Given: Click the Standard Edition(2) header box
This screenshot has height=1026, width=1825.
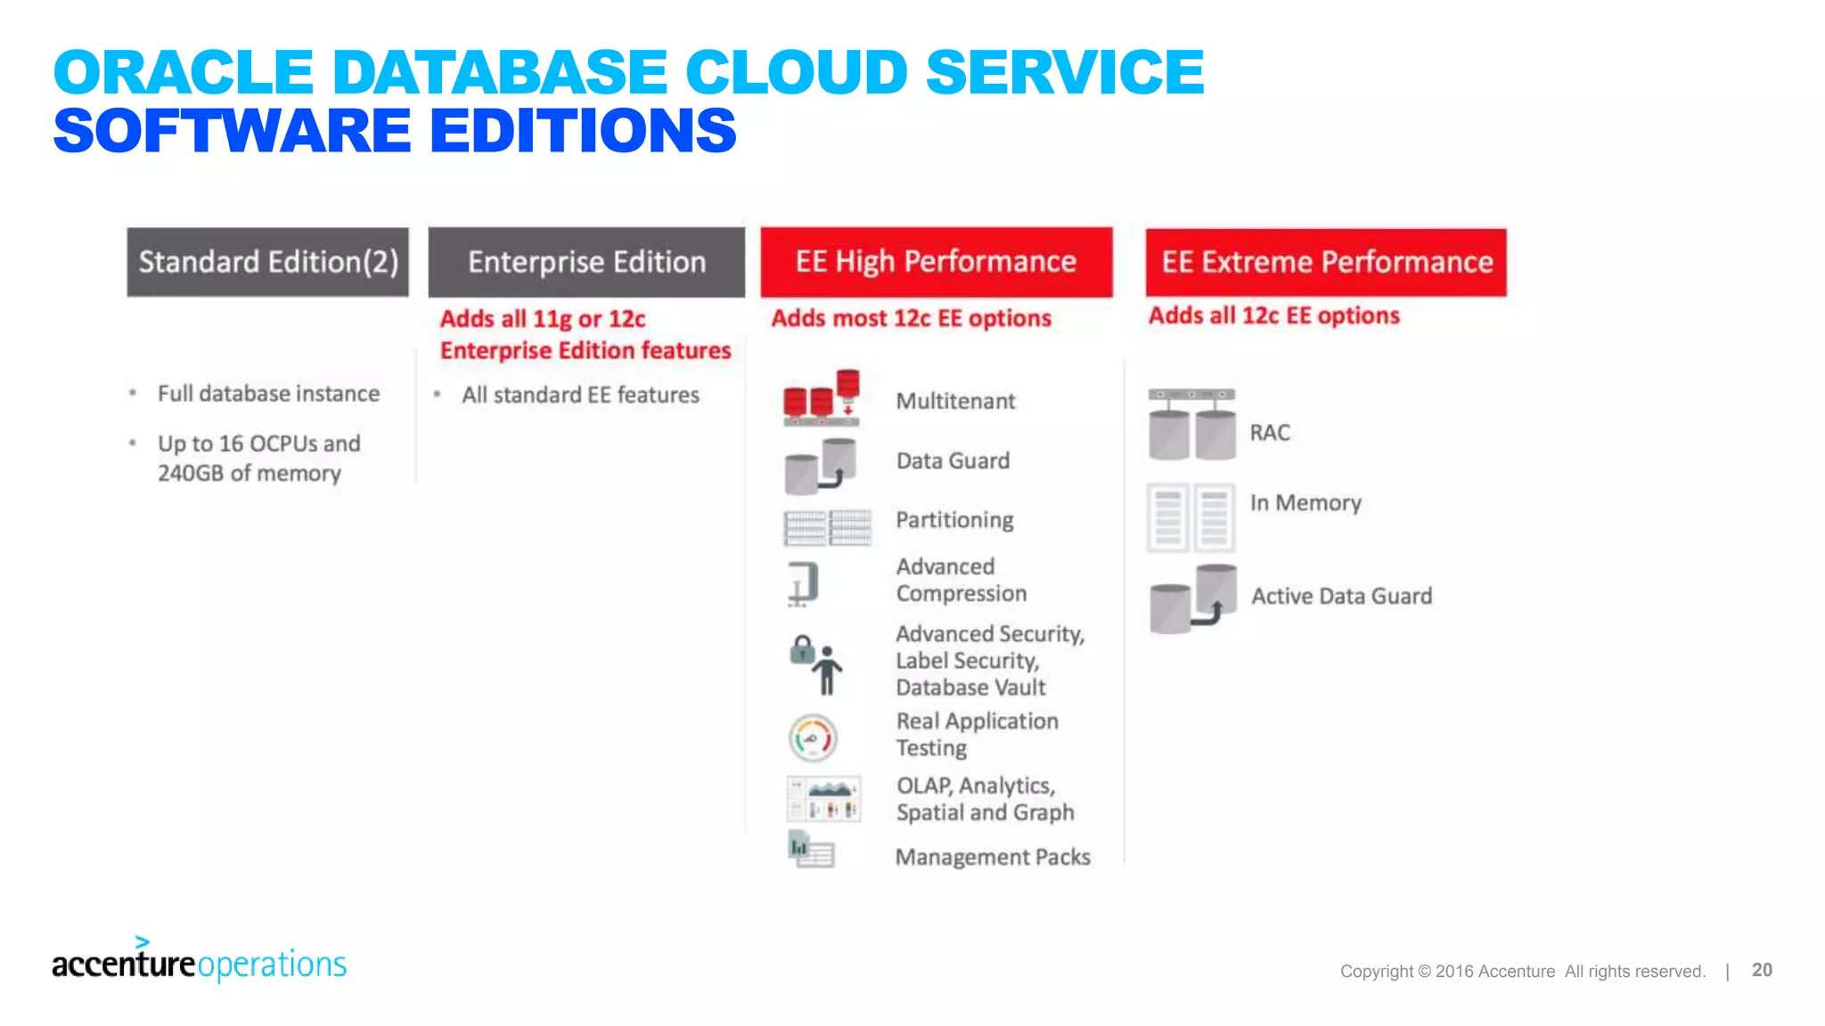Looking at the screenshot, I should click(267, 262).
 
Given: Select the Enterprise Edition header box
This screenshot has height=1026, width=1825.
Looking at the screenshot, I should click(586, 262).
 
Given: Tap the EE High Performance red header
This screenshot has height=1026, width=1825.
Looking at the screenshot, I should click(936, 262).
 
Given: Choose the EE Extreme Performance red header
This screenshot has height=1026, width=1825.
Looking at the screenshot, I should click(1326, 262).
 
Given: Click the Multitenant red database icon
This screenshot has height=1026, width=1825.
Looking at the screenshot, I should click(822, 397).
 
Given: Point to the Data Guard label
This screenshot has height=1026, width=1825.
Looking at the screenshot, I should click(953, 460).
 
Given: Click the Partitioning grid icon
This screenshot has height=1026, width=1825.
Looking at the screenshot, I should click(827, 527).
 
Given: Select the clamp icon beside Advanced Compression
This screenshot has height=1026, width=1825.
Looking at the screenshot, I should click(803, 584).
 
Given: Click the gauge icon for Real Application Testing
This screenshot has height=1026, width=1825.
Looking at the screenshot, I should click(813, 737).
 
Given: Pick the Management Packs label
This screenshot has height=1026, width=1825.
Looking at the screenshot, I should click(993, 857).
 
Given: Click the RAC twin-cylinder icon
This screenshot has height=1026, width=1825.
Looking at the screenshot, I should click(1191, 425).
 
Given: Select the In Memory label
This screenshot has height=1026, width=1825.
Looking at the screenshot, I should click(1305, 503).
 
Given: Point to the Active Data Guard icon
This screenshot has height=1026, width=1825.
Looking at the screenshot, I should click(1192, 598).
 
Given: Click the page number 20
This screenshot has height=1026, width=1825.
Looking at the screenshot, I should click(1762, 970).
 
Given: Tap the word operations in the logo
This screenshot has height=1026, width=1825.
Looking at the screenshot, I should click(272, 965).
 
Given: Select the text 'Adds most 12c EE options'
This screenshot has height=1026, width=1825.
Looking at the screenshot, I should click(911, 318).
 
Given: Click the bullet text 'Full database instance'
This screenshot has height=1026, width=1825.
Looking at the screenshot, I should click(268, 394).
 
